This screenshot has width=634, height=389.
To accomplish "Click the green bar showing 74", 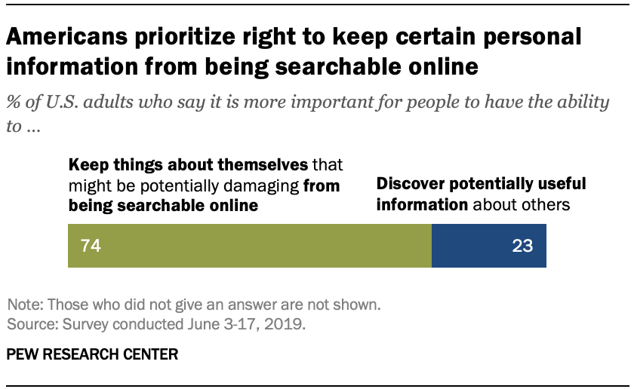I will (249, 246).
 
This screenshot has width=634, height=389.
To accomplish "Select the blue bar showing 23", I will (488, 246).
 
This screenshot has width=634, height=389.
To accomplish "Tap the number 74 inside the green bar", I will (91, 246).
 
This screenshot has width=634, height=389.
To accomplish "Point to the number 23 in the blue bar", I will (522, 246).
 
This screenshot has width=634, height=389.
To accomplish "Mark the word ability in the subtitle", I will (580, 103).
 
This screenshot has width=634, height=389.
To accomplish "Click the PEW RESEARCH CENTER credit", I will (93, 354).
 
